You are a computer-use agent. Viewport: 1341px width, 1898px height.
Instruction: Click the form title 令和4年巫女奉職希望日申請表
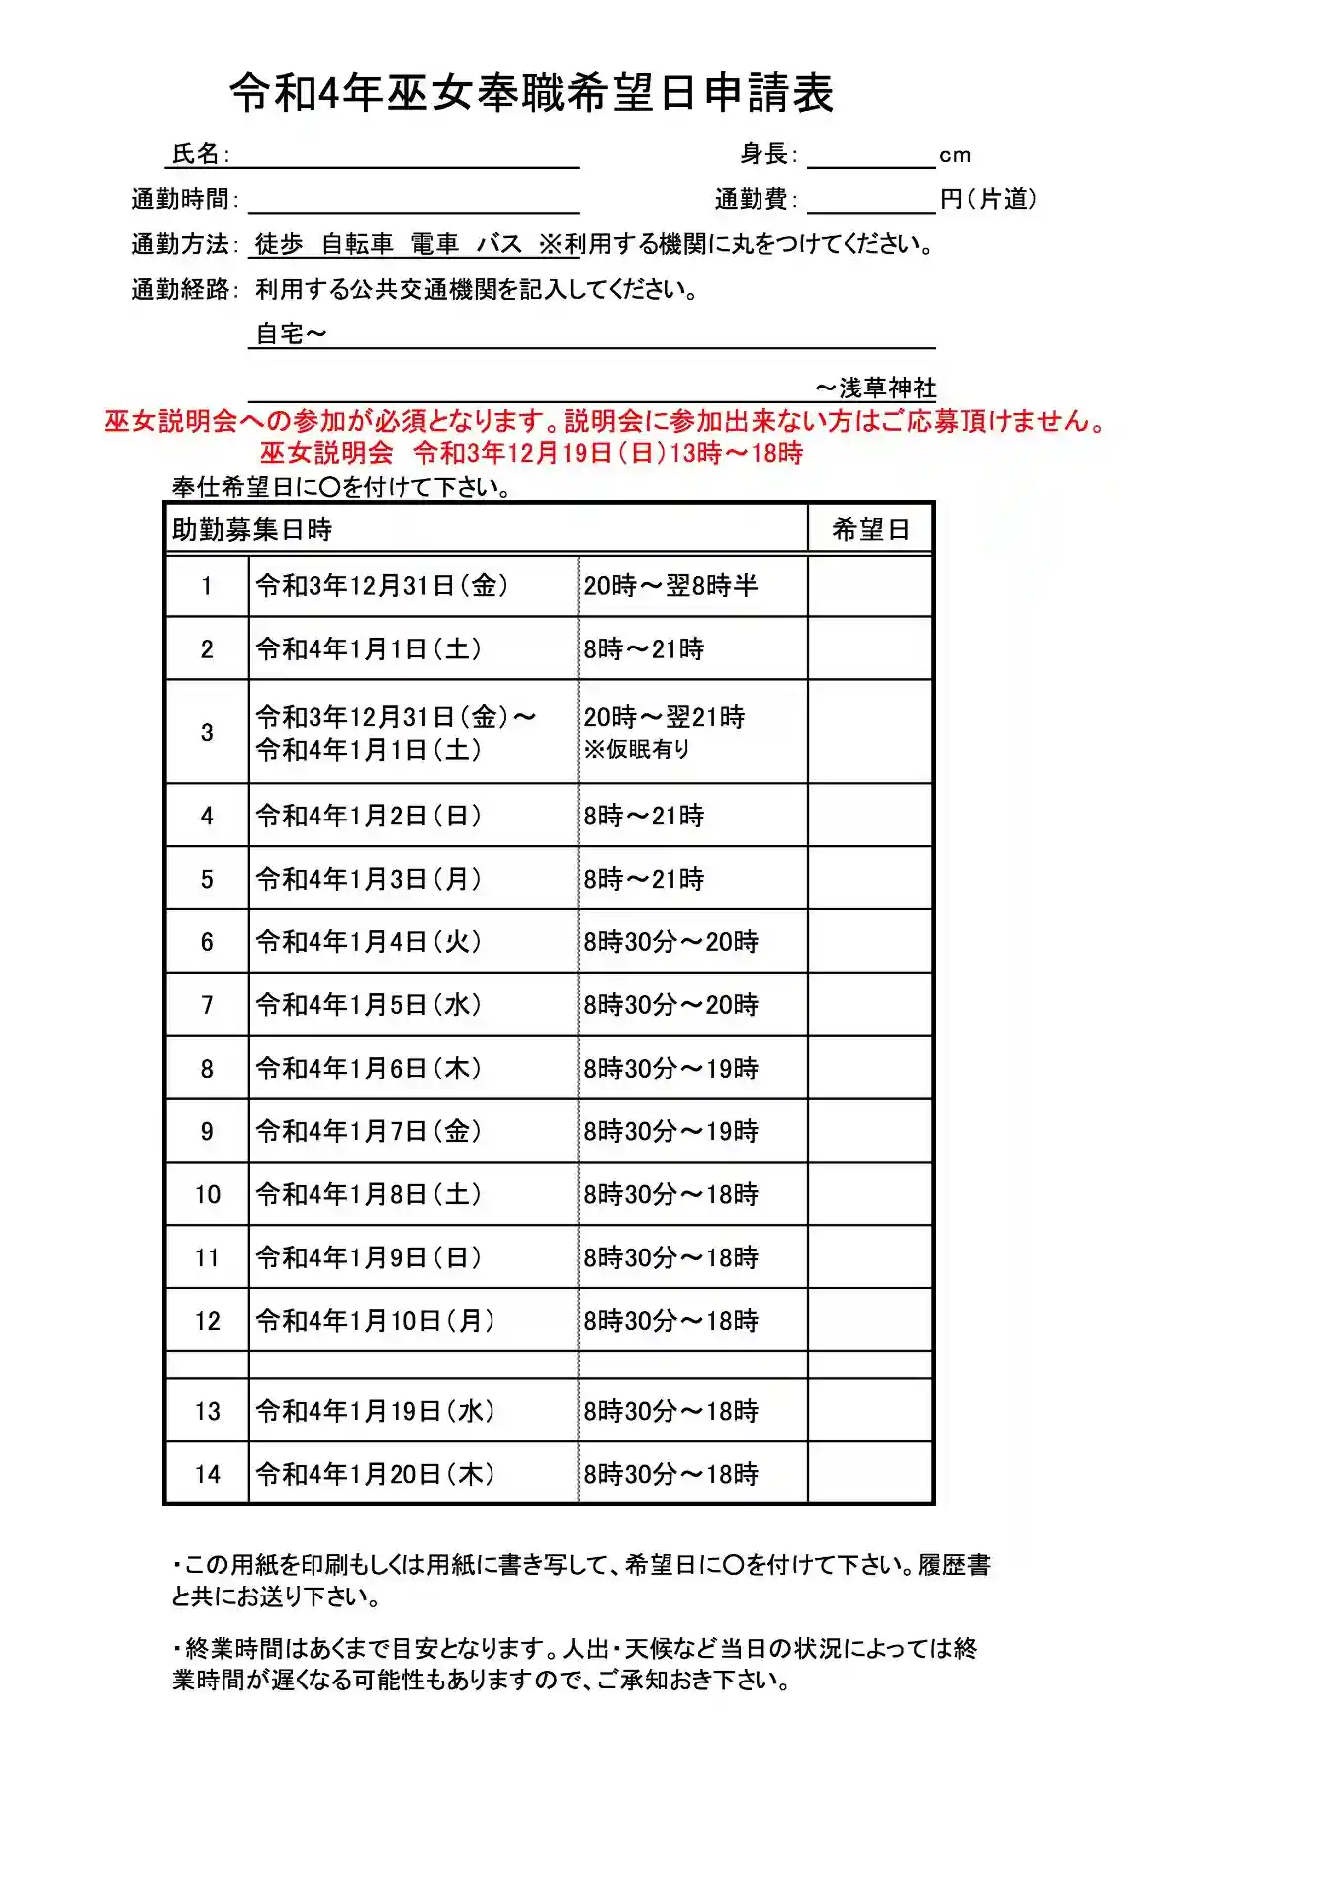pos(531,93)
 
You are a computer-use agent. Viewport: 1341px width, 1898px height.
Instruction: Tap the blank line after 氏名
pos(405,156)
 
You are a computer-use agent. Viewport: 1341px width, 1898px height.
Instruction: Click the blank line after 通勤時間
pos(413,201)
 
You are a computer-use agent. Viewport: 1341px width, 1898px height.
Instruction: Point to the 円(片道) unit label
pos(989,199)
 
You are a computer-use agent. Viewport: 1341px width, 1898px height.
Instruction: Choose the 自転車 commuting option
pos(357,244)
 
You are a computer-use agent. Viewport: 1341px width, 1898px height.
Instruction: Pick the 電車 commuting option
pos(434,244)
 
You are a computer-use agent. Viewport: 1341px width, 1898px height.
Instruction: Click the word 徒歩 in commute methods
pos(279,244)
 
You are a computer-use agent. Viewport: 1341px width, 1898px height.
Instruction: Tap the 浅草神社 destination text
pos(887,388)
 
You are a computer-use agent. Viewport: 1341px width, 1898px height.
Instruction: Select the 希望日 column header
pos(870,530)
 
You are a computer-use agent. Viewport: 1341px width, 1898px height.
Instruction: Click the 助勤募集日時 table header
pos(252,530)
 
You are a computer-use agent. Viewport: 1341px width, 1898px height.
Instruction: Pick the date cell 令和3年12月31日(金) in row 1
pos(382,586)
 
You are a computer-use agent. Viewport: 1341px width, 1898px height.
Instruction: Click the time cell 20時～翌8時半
pos(670,586)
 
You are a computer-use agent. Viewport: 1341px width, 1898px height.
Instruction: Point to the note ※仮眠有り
pos(637,749)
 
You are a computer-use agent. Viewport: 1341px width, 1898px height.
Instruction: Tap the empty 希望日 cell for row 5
pos(870,879)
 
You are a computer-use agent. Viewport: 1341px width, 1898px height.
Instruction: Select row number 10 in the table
pos(207,1195)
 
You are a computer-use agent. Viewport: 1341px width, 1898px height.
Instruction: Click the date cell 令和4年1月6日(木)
pos(368,1069)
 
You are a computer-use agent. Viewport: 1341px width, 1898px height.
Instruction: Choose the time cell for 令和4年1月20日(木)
pos(670,1474)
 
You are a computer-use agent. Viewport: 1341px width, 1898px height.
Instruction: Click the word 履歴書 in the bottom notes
pos(954,1565)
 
